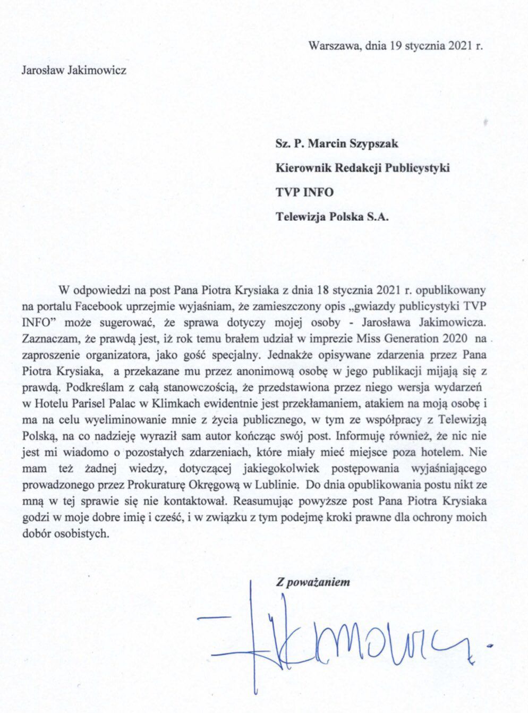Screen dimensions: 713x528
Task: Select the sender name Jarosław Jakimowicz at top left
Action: point(73,70)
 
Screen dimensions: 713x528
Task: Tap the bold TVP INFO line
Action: point(304,192)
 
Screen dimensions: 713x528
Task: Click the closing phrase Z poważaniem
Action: point(312,582)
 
